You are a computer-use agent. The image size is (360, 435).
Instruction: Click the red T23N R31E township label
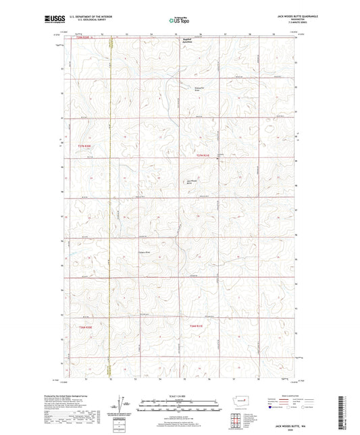203,156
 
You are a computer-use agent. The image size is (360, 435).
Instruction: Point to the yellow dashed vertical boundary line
111,203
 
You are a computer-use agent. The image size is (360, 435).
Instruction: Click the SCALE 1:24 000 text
179,395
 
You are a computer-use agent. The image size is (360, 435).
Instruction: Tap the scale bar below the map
179,407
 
